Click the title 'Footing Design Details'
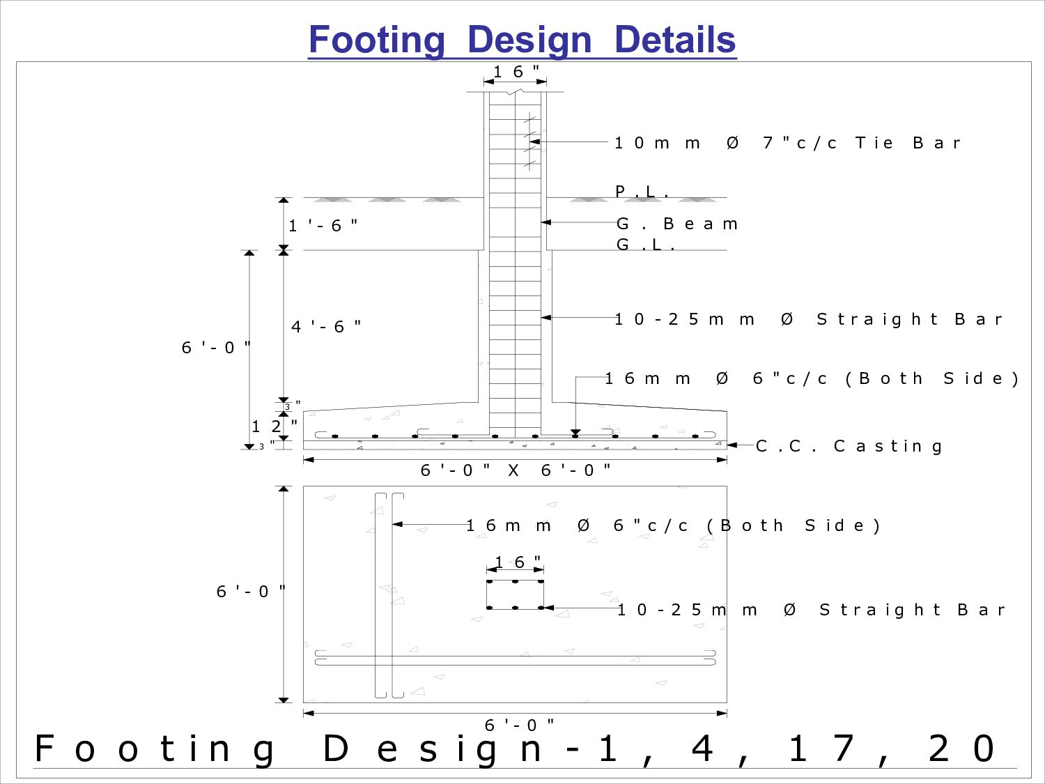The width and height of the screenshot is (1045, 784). click(522, 40)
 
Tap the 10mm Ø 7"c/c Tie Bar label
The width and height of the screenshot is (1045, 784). click(787, 143)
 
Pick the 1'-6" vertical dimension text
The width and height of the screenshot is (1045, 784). click(323, 225)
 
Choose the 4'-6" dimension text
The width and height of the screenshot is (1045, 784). click(326, 326)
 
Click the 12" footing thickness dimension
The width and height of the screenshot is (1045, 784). click(274, 426)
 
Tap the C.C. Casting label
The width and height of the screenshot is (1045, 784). click(849, 446)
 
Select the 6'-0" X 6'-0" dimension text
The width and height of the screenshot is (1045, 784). click(516, 470)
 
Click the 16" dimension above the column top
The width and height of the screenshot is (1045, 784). click(516, 72)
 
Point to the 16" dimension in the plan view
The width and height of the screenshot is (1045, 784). click(518, 562)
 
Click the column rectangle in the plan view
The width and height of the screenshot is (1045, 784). click(515, 594)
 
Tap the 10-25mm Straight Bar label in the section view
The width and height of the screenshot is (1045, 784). click(808, 319)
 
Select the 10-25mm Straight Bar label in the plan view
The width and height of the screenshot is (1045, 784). click(811, 610)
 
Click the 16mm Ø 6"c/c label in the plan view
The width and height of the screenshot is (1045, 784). click(673, 525)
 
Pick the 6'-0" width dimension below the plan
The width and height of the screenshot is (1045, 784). click(520, 725)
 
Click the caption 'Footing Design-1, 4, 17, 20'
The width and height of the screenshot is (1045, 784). click(516, 749)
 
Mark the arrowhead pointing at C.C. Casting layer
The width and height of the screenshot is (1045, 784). click(732, 445)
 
